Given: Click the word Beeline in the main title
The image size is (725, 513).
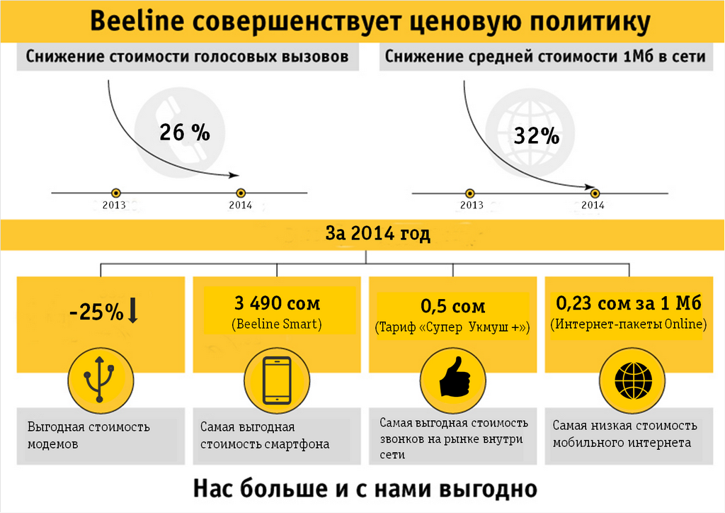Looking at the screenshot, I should tap(137, 21).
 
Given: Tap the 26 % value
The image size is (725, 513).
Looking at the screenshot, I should tap(185, 133).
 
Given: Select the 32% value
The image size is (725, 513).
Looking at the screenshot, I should tap(537, 136).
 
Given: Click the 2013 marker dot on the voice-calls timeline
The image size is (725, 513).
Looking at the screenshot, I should tap(116, 193).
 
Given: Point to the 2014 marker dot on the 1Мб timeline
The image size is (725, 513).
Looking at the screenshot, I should tap(595, 193).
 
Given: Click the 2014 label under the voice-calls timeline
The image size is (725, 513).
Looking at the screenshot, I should tap(241, 205).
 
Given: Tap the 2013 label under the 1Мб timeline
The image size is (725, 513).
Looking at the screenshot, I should tap(472, 205).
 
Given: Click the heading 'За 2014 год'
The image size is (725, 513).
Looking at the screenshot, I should tap(377, 234).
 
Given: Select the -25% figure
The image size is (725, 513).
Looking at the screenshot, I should tap(96, 312).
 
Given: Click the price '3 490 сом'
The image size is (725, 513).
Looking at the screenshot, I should tap(277, 304).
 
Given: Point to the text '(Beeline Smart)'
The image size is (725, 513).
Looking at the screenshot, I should tap(277, 325).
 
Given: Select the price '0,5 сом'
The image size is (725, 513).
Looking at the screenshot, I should tap(453, 307).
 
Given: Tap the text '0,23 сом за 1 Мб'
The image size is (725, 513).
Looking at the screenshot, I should tap(629, 304).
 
